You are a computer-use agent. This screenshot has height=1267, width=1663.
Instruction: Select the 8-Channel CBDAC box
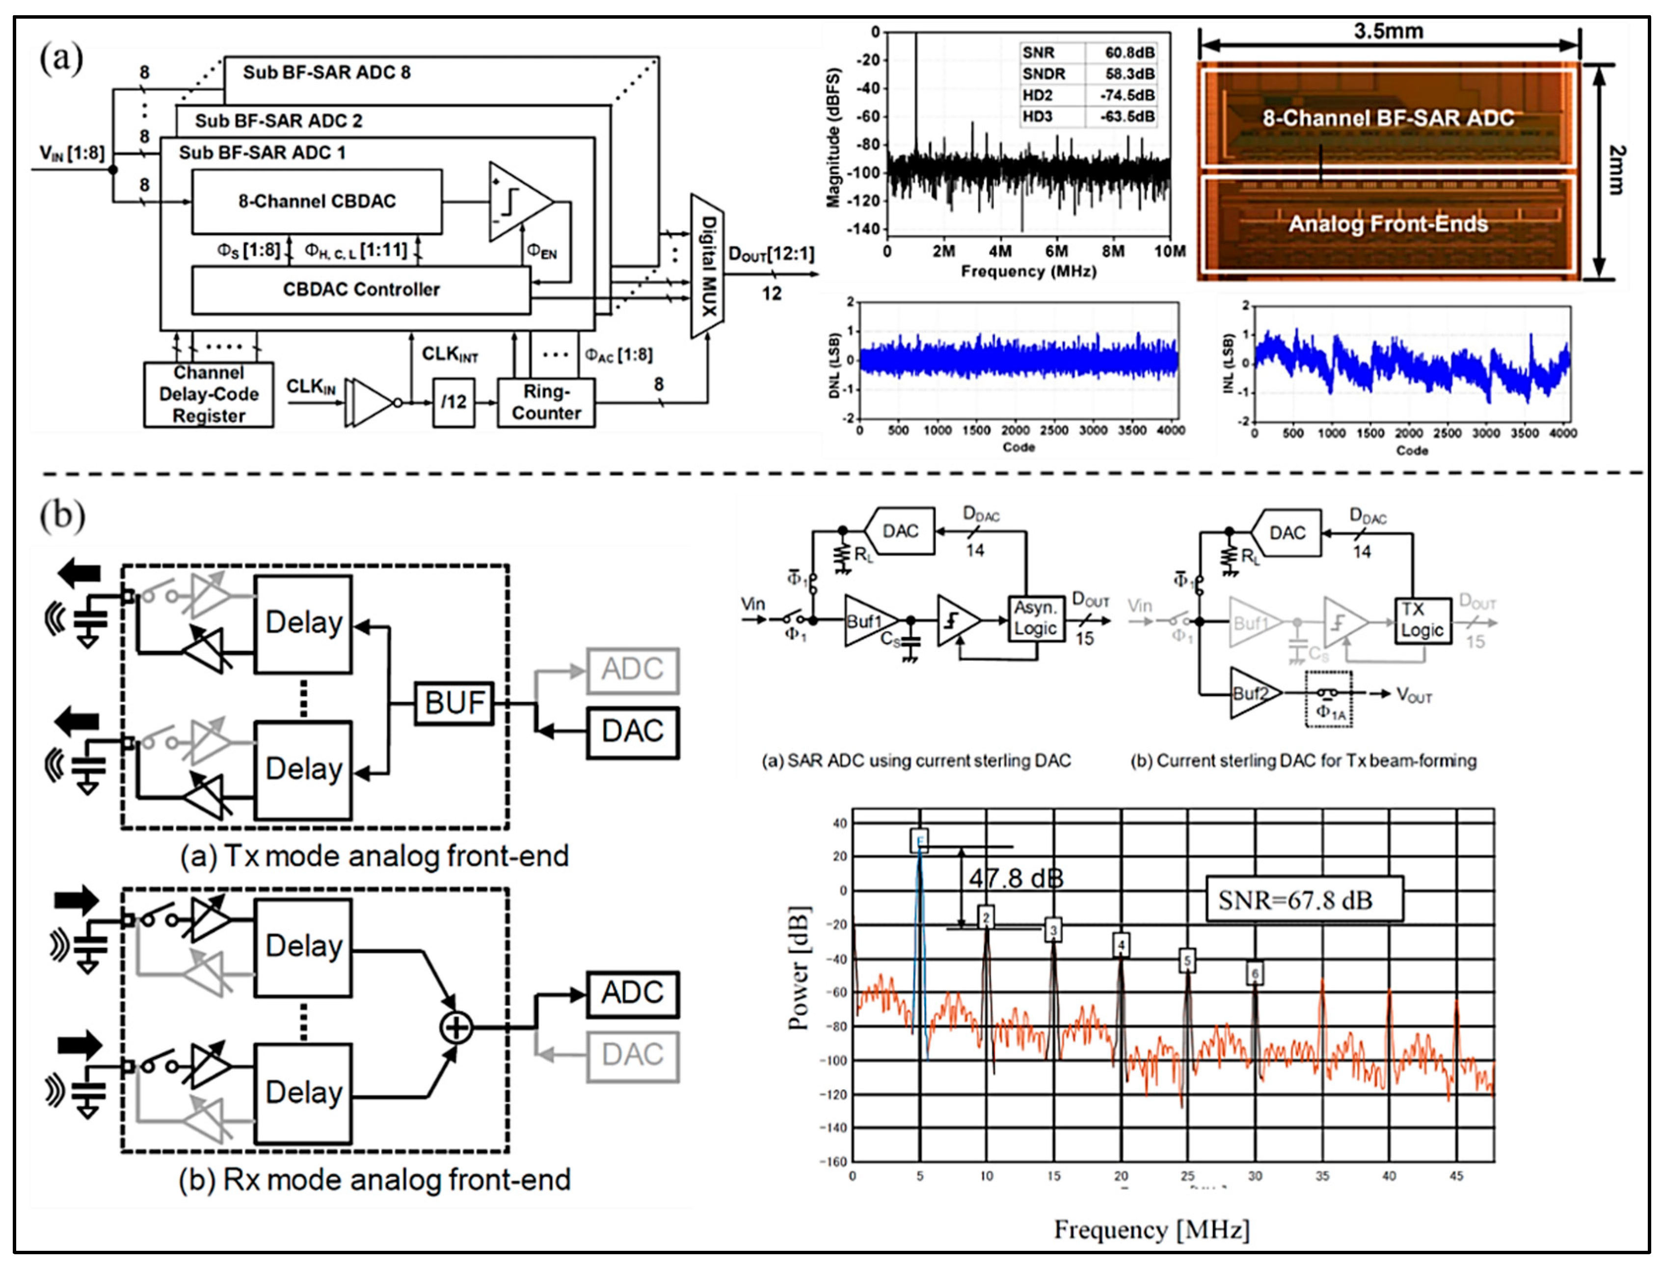317,201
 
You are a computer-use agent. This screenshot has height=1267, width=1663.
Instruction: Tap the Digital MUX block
707,266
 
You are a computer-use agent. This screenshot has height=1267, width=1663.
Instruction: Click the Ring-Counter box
546,403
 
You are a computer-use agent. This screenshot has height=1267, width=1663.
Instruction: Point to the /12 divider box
453,403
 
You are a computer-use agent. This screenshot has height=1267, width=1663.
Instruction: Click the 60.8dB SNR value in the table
1129,53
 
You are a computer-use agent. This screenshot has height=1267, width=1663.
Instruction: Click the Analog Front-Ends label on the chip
1388,224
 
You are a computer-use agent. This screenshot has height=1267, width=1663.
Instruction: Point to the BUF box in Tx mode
454,703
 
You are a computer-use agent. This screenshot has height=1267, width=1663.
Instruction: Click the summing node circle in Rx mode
456,1027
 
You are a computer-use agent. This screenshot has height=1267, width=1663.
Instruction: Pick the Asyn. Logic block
1036,619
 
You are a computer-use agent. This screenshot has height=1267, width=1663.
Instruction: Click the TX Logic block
1422,620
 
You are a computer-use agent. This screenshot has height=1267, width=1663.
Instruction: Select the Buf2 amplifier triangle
1253,693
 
